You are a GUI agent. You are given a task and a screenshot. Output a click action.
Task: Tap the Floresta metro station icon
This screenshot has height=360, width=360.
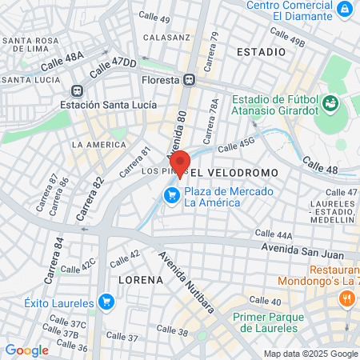(190, 79)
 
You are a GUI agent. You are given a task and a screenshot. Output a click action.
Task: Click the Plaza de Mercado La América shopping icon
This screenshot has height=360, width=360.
(171, 195)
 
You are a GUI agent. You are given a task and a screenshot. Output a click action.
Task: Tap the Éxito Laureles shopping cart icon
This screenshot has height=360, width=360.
(106, 302)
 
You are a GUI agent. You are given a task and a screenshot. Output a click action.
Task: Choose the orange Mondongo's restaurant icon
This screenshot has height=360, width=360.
(346, 298)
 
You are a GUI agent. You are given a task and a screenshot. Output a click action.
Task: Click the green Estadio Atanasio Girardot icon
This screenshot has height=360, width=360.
(332, 103)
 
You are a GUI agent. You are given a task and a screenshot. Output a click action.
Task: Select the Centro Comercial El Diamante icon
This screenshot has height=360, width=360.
(344, 10)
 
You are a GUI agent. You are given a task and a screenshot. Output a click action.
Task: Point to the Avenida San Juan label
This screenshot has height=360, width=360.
(307, 250)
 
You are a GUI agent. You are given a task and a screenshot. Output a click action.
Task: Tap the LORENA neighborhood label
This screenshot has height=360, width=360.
(141, 281)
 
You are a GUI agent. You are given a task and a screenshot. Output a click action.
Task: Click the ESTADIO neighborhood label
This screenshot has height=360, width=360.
(261, 51)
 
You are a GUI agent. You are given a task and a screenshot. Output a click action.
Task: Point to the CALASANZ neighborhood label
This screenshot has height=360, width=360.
(166, 37)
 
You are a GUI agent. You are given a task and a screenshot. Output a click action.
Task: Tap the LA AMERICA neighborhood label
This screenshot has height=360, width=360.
(98, 144)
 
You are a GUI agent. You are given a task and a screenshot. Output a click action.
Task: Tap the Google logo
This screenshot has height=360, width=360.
(26, 350)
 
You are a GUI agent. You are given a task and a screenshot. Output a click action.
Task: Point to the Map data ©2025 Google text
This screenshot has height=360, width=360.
(311, 354)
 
